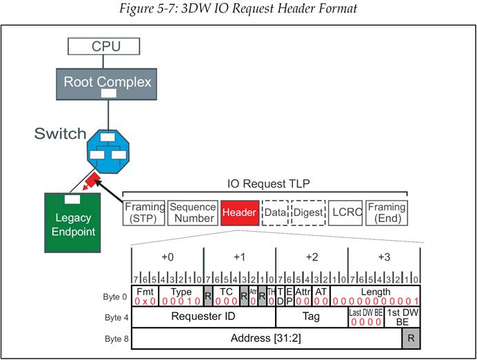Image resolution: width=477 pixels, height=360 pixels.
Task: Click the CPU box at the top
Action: (103, 46)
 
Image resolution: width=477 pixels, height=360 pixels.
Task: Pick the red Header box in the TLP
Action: (239, 213)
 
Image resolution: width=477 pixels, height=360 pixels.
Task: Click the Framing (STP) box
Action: (145, 212)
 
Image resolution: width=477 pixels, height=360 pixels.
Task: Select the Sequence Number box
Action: (192, 212)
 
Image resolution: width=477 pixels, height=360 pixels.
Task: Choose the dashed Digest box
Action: (308, 213)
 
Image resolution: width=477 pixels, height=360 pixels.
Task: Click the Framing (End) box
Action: (387, 212)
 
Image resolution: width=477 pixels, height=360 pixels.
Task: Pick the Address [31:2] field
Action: (266, 339)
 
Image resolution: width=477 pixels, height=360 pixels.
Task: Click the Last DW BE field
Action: (365, 317)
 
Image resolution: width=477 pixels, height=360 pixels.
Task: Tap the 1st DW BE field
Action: (402, 317)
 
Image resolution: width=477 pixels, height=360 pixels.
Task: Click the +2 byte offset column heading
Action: (312, 257)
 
